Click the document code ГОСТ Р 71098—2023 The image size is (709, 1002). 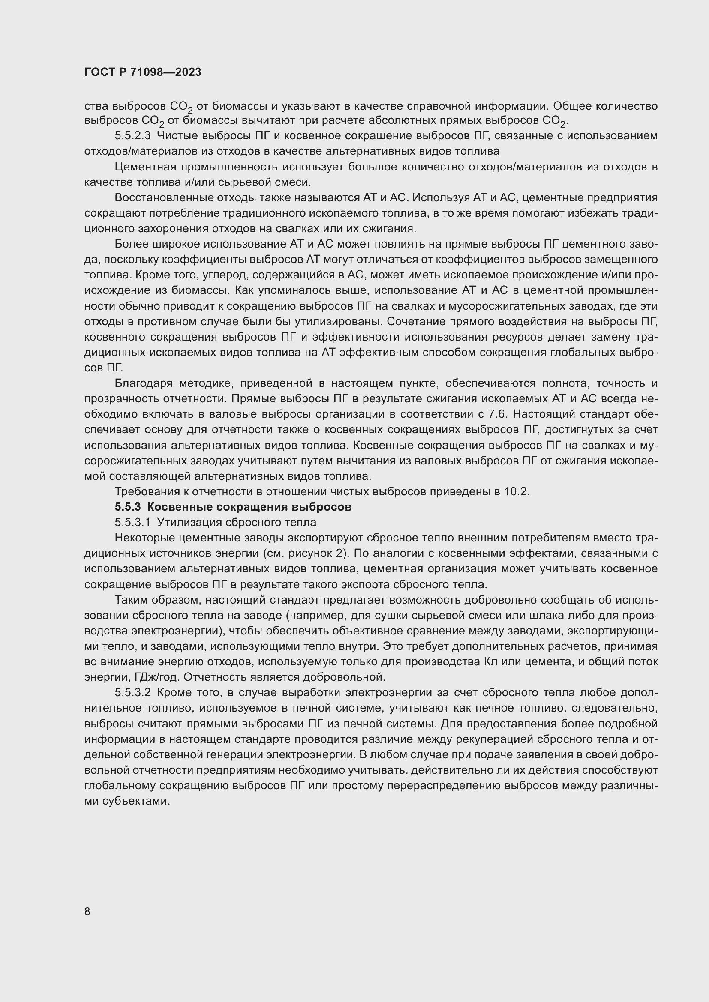pyautogui.click(x=143, y=72)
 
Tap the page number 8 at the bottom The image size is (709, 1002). pyautogui.click(x=87, y=911)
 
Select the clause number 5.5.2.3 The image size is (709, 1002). pyautogui.click(x=133, y=136)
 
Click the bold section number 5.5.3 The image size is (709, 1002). pyautogui.click(x=128, y=507)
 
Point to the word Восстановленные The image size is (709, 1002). pyautogui.click(x=164, y=197)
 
